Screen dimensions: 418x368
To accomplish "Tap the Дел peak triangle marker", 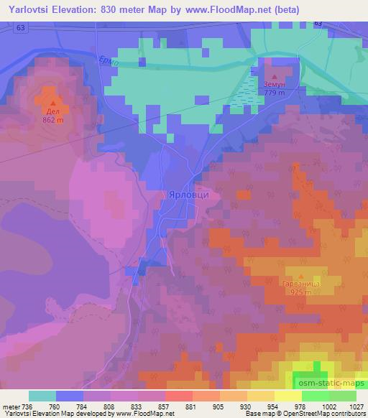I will (x=52, y=103).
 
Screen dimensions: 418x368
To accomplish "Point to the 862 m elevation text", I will (x=52, y=120).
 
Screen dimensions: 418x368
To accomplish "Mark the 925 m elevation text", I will (x=300, y=294).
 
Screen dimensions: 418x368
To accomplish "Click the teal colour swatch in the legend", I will (x=42, y=396).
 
